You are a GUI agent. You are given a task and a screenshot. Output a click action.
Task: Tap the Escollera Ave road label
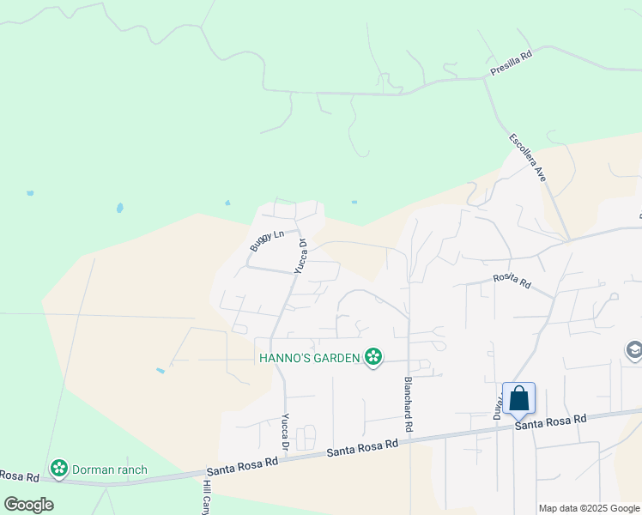click(527, 157)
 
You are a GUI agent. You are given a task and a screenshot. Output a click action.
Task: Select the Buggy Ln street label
click(266, 240)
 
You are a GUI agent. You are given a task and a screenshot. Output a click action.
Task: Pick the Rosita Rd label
click(512, 282)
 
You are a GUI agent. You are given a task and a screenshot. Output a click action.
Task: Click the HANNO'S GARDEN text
click(309, 357)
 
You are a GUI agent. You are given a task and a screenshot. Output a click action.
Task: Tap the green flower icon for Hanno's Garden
click(373, 356)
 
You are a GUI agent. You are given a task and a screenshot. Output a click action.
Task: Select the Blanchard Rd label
click(409, 403)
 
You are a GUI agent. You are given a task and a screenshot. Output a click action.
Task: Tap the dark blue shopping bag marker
click(518, 399)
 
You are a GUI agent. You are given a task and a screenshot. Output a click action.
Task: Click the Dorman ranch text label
click(109, 470)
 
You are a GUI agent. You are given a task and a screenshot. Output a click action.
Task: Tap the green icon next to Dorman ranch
click(59, 469)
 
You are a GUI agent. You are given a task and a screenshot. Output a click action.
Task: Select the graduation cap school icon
click(633, 350)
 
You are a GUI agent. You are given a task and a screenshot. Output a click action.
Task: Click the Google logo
click(29, 504)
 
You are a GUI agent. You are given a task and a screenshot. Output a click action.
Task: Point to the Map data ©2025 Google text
click(588, 508)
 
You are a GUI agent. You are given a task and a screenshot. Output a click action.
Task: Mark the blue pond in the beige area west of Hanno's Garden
click(160, 371)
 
